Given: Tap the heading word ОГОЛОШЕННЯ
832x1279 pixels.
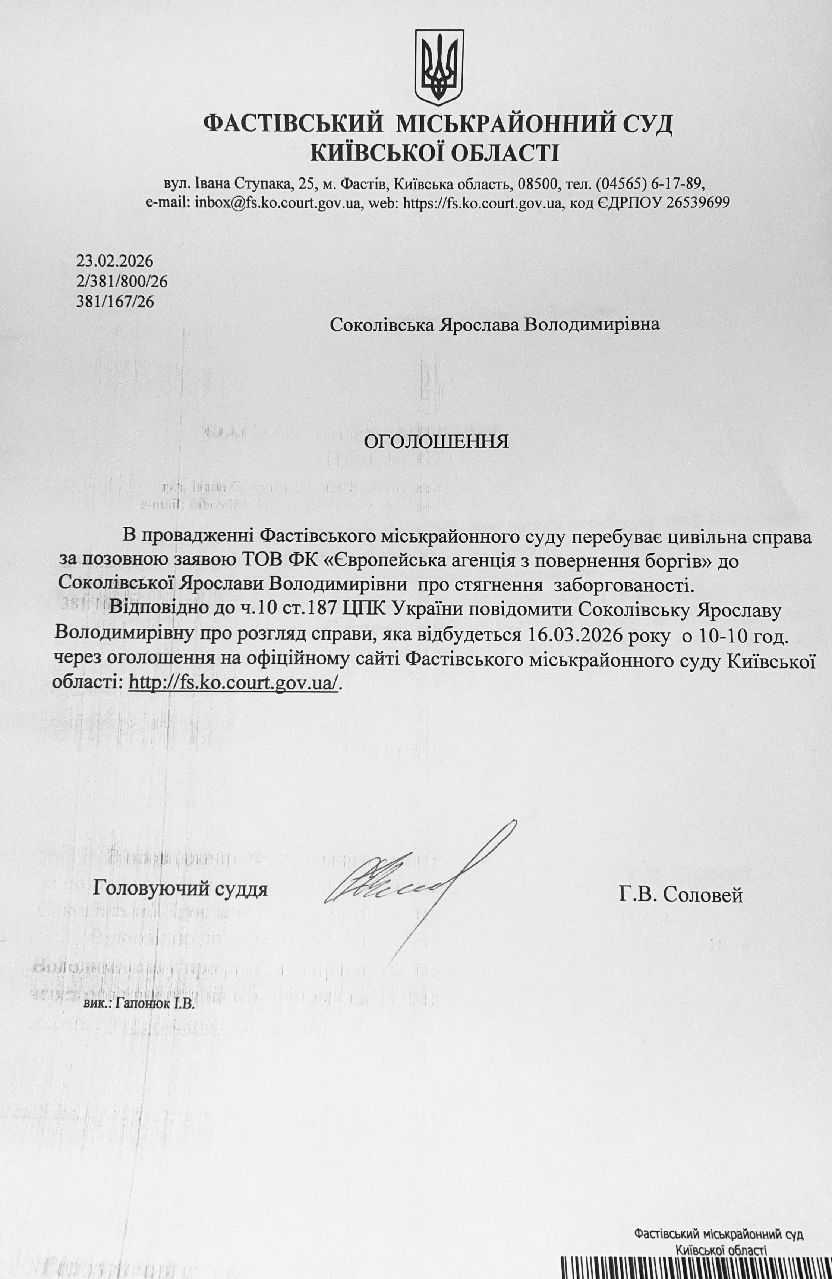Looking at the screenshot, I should pos(436,442).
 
